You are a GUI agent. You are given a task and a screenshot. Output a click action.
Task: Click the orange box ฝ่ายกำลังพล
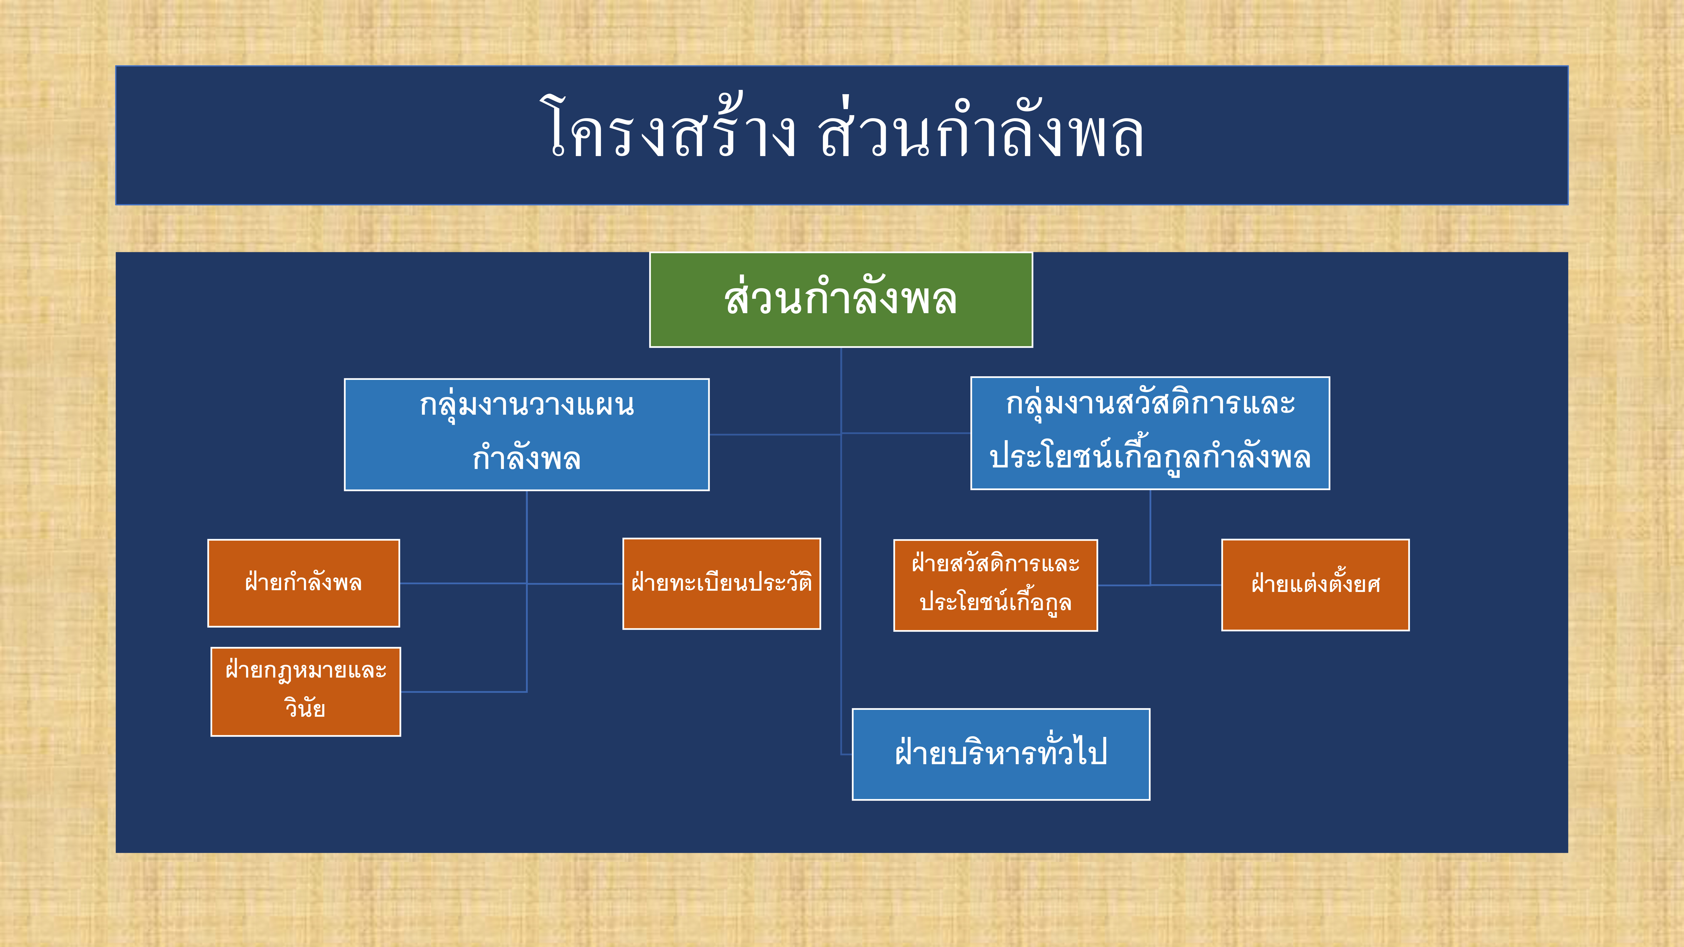tap(303, 583)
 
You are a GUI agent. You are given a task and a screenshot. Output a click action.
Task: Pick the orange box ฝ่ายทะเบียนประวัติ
tap(722, 584)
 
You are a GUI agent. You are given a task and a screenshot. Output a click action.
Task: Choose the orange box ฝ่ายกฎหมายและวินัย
tap(305, 691)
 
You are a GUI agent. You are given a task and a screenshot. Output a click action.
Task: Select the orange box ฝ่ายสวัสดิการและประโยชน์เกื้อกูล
tap(996, 585)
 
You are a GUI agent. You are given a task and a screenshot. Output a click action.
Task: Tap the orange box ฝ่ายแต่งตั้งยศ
tap(1315, 585)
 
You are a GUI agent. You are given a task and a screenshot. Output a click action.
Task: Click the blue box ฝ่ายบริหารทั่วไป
tap(1001, 754)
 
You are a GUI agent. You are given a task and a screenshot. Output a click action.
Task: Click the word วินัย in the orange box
tap(305, 708)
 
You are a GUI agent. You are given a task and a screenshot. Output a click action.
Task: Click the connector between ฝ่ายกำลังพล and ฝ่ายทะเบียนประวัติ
tap(511, 583)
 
